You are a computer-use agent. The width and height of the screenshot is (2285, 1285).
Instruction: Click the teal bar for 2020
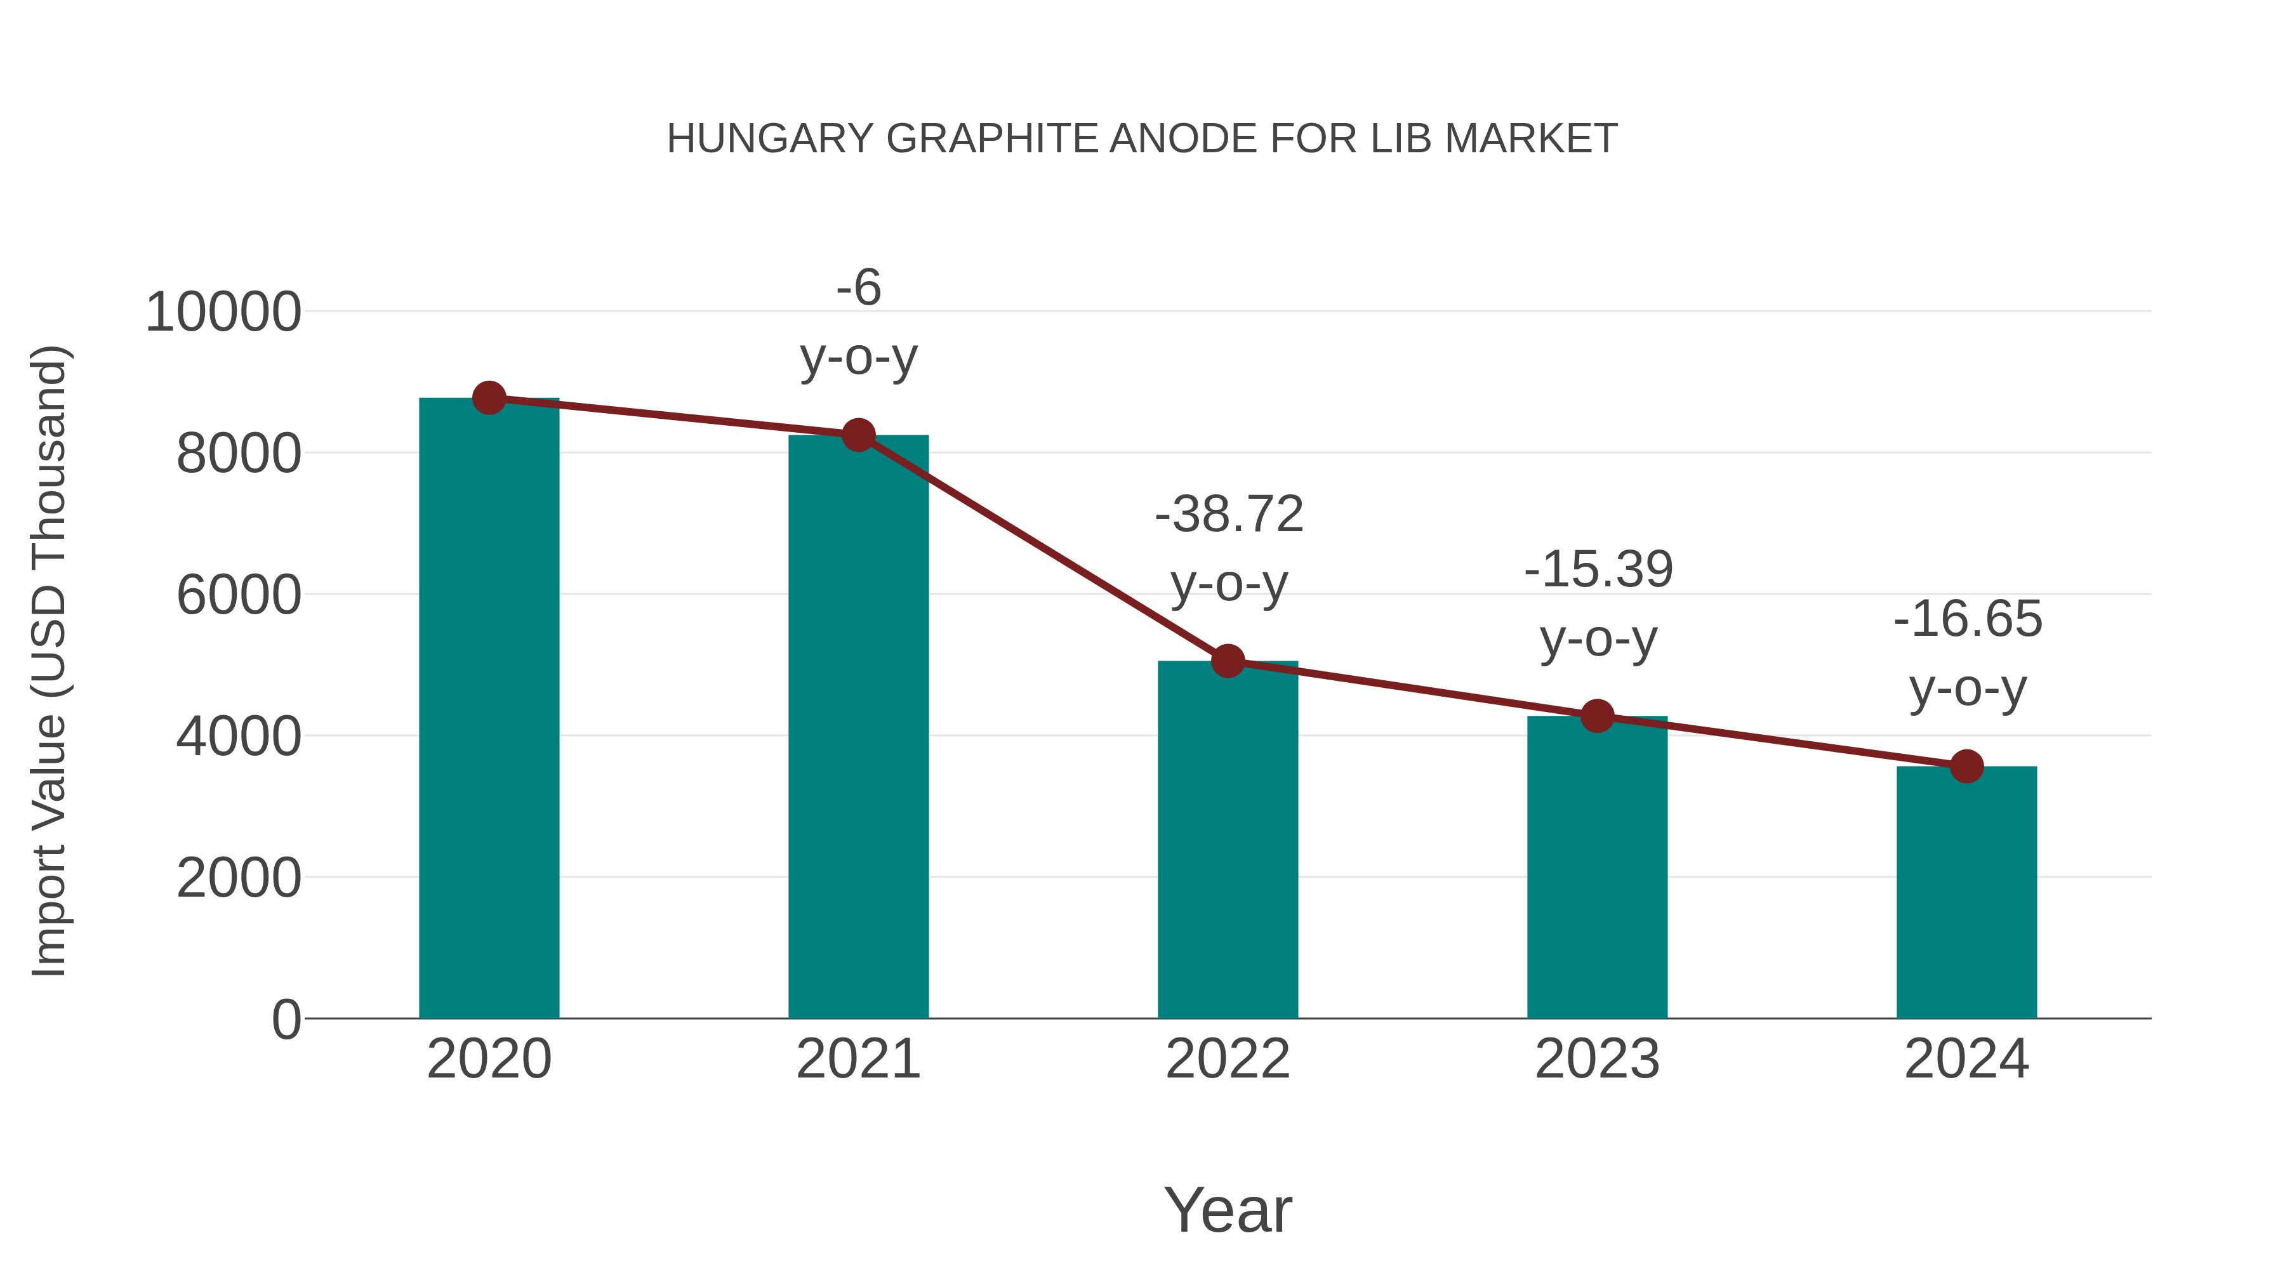pyautogui.click(x=489, y=709)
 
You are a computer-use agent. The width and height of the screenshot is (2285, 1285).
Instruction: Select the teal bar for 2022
pyautogui.click(x=1228, y=843)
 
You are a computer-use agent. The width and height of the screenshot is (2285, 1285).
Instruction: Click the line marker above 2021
pyautogui.click(x=858, y=435)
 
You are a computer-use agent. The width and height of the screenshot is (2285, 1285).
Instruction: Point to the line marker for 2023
pyautogui.click(x=1597, y=716)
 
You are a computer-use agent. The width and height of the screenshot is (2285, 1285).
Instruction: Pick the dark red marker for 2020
pyautogui.click(x=489, y=398)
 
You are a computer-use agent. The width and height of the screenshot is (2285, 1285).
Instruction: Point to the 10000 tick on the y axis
pyautogui.click(x=223, y=312)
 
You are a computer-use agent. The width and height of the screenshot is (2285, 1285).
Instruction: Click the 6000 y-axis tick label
pyautogui.click(x=239, y=595)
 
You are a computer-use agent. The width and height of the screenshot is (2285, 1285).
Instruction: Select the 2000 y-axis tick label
pyautogui.click(x=239, y=878)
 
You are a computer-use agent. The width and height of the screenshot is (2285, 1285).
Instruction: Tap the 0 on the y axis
pyautogui.click(x=286, y=1019)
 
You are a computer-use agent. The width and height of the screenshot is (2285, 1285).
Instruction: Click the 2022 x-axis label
pyautogui.click(x=1228, y=1059)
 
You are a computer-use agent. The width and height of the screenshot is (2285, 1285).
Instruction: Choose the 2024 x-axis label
pyautogui.click(x=1966, y=1059)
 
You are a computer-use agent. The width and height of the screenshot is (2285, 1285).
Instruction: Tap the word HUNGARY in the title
pyautogui.click(x=770, y=139)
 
